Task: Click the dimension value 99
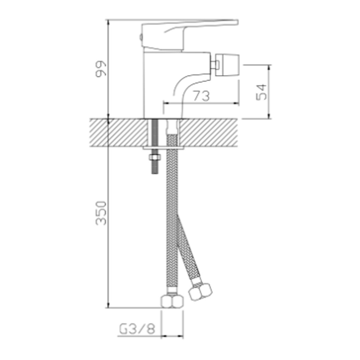(x=101, y=68)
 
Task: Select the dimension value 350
(x=101, y=213)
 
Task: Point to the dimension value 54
(x=262, y=92)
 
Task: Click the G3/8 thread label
(x=137, y=329)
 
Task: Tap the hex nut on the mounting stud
(x=155, y=158)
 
